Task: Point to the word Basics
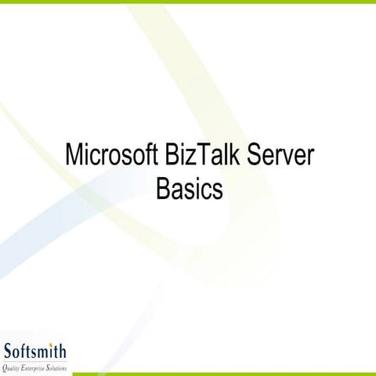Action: (x=190, y=189)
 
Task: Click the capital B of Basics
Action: (x=164, y=189)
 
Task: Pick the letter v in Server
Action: (x=289, y=157)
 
